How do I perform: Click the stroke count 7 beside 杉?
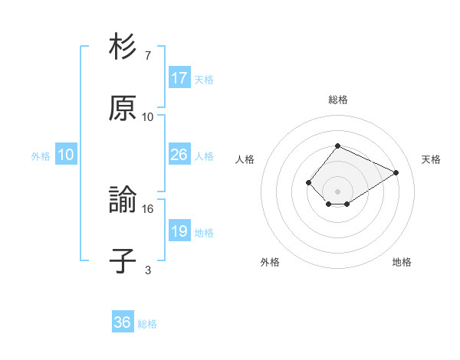pyautogui.click(x=147, y=56)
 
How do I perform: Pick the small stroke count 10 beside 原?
pyautogui.click(x=147, y=117)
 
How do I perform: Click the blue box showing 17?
pyautogui.click(x=179, y=77)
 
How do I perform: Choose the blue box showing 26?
pyautogui.click(x=179, y=155)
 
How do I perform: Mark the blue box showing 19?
pyautogui.click(x=179, y=231)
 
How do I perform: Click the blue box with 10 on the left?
pyautogui.click(x=65, y=155)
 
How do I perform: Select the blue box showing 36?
pyautogui.click(x=123, y=322)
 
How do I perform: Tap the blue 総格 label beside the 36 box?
pyautogui.click(x=147, y=324)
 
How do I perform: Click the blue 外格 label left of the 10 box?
pyautogui.click(x=41, y=156)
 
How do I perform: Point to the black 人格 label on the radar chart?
pyautogui.click(x=245, y=159)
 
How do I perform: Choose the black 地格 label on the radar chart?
pyautogui.click(x=402, y=262)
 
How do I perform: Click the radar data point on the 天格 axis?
pyautogui.click(x=396, y=172)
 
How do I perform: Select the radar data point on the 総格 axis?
pyautogui.click(x=337, y=146)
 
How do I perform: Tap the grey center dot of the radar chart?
pyautogui.click(x=337, y=191)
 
